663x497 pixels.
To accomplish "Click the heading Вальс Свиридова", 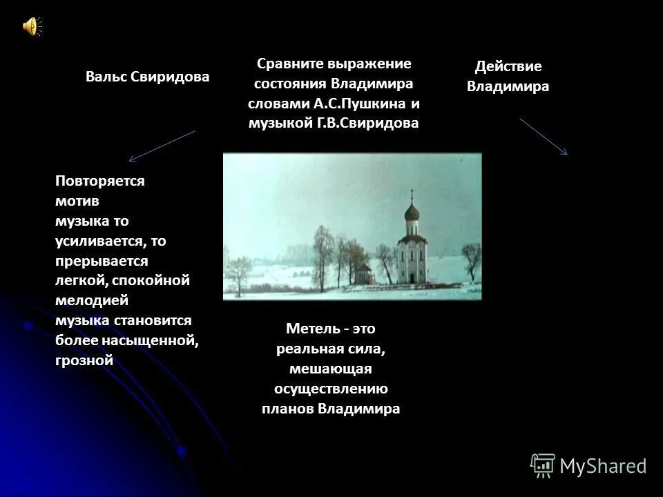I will [x=147, y=77].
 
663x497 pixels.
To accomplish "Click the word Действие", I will [x=508, y=67].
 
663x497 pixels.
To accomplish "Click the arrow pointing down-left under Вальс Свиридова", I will [x=162, y=146].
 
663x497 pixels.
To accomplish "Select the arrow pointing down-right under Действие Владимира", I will [x=544, y=137].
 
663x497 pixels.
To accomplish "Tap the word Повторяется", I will [x=99, y=180].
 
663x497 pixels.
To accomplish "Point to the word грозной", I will [x=84, y=361].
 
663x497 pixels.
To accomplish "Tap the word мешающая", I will [x=331, y=369].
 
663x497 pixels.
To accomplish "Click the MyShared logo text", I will [x=603, y=467].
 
